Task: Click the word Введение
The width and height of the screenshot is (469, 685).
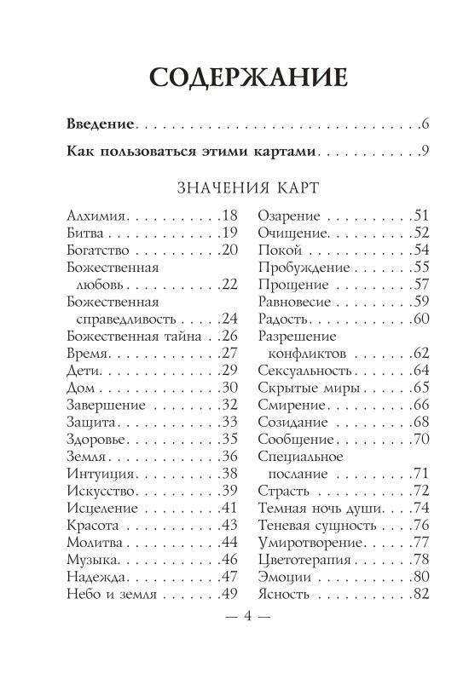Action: point(101,125)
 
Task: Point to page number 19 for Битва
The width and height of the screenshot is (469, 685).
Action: point(227,233)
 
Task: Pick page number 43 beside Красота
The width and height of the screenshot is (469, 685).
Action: point(227,524)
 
